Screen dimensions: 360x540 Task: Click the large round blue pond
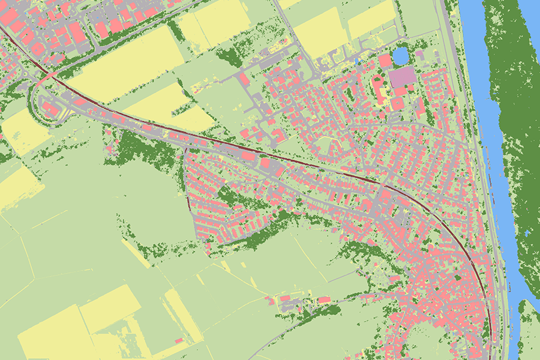(400, 56)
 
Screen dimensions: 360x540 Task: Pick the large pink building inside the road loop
(50, 110)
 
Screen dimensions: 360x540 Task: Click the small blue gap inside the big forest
(527, 232)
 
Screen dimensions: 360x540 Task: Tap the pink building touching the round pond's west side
(385, 61)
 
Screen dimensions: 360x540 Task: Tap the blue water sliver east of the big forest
(531, 12)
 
